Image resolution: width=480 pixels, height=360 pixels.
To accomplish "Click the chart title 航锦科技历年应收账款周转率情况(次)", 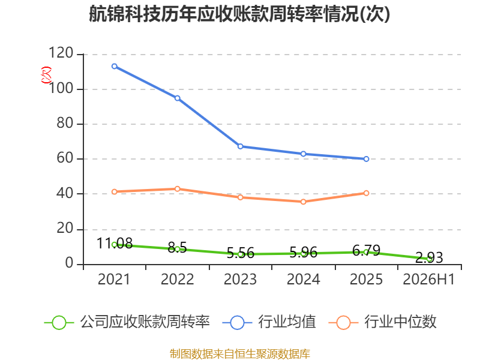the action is click(239, 14).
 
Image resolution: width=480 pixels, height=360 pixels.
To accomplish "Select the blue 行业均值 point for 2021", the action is click(115, 66).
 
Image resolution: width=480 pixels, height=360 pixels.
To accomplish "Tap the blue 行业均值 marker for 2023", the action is click(241, 146).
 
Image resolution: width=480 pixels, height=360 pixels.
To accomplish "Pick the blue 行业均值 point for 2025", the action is click(366, 159).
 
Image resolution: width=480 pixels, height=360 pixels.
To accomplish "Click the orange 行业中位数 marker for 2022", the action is click(177, 188).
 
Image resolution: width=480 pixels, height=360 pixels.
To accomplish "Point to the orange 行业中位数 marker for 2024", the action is click(304, 202).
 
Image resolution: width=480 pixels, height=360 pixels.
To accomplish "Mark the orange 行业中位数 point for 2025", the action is click(366, 193).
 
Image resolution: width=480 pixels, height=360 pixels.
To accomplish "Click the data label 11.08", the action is click(115, 244).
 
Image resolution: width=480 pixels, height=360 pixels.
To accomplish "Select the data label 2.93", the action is click(429, 257).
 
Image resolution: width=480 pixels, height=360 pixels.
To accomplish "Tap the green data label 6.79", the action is click(366, 250).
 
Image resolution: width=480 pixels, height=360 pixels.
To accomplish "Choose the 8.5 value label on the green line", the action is click(177, 247).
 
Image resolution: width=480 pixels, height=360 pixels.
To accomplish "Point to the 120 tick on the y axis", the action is click(61, 53).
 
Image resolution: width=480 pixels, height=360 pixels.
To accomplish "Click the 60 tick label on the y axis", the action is click(65, 158).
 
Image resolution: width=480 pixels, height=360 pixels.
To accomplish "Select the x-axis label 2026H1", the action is click(428, 279).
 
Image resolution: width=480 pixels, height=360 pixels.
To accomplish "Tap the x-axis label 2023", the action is click(241, 279).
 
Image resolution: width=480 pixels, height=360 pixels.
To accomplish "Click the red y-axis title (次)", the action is click(46, 74).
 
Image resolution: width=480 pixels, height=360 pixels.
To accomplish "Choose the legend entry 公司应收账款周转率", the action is click(127, 322).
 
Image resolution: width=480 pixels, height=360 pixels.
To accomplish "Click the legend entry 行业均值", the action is click(269, 322).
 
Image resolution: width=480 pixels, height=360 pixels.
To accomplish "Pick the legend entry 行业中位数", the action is click(382, 322).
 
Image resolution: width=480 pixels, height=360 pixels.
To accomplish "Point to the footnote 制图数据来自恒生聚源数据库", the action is click(240, 354).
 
